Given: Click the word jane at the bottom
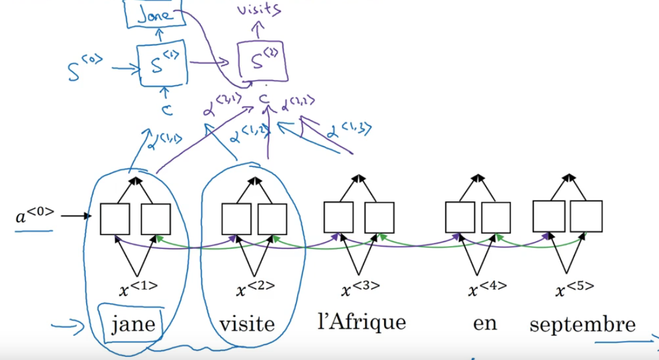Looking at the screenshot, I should click(133, 325).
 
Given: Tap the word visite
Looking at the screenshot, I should click(247, 325).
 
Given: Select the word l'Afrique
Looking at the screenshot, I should click(361, 322).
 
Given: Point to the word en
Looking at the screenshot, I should click(485, 323).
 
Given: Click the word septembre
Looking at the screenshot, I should click(582, 325).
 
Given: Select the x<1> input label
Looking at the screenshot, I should click(138, 289).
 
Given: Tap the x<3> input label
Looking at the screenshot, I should click(361, 288).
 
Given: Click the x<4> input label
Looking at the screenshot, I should click(487, 288).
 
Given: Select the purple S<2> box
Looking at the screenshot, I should click(263, 61).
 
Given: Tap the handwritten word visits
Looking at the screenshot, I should click(260, 10).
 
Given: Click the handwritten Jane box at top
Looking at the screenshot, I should click(155, 14).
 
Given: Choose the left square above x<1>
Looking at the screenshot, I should click(115, 219).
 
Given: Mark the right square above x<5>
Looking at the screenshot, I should click(586, 216).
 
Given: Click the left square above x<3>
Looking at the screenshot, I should click(339, 218).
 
